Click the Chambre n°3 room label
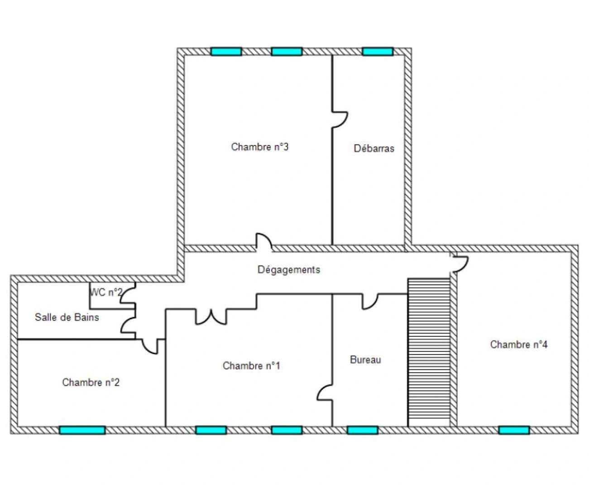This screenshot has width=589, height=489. tap(259, 147)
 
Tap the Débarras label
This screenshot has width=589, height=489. tap(374, 149)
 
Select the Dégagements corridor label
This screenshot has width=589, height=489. tap(289, 270)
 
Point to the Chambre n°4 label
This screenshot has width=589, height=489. tap(519, 345)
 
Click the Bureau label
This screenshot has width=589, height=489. tap(365, 360)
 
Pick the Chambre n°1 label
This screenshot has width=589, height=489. tap(251, 366)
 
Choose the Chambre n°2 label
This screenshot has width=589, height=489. tap(91, 382)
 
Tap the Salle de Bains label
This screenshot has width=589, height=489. tap(67, 317)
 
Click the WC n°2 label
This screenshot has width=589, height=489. tap(106, 292)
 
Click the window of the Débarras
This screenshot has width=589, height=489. tap(378, 52)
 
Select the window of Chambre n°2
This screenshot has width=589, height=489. tap(82, 430)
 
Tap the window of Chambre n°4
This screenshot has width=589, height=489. tap(514, 430)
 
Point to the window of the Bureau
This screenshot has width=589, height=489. tap(363, 430)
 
